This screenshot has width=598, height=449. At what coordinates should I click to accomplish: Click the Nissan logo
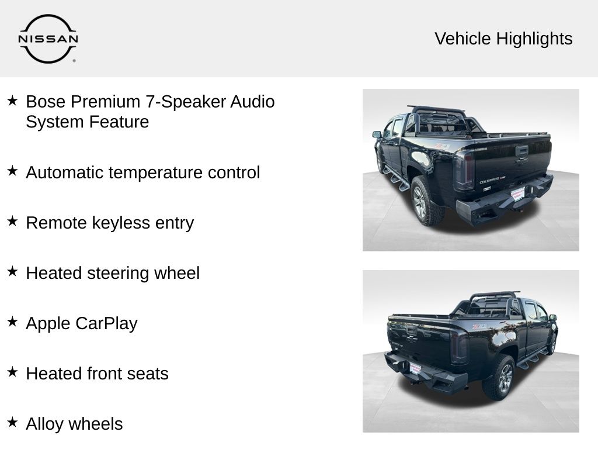[48, 39]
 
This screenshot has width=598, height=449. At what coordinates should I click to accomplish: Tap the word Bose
[46, 102]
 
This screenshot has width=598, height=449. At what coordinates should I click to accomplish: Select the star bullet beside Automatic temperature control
[13, 171]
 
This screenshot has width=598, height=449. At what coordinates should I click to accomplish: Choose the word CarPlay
[106, 324]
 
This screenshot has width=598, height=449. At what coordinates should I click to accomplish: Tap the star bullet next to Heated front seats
[13, 372]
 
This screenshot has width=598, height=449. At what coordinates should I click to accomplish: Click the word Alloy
[44, 424]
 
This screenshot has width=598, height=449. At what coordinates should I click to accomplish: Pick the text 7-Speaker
[185, 102]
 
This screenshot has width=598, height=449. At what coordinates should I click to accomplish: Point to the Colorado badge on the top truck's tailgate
[489, 180]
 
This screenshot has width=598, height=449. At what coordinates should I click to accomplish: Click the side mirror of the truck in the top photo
[377, 134]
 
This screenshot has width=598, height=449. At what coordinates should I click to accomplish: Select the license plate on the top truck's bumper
[517, 194]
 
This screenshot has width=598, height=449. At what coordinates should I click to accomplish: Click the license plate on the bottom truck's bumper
[415, 368]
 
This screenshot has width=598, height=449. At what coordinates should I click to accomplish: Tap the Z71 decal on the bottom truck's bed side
[479, 326]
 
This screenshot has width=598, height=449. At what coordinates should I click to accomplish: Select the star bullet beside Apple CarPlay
[13, 322]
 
